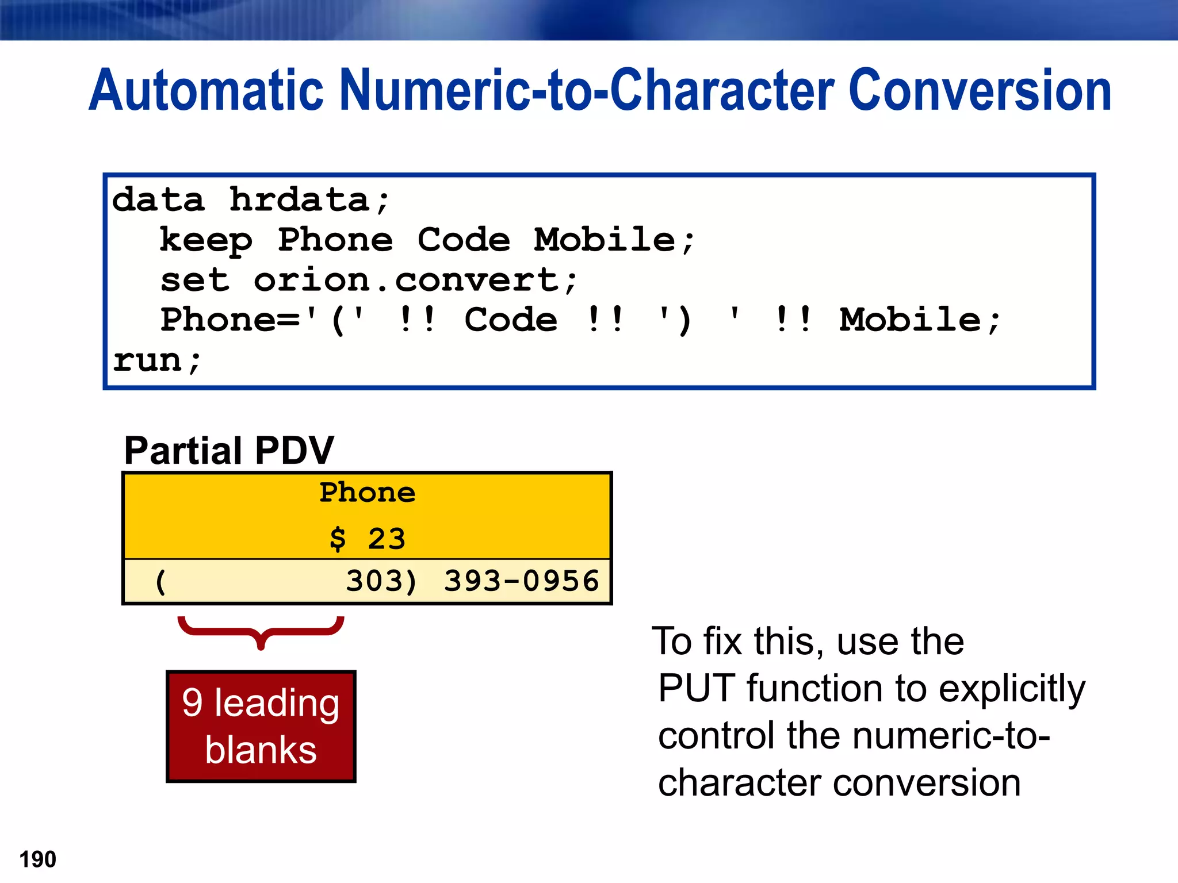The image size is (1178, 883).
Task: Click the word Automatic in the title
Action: pos(206,90)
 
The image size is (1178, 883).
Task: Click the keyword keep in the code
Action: pos(206,240)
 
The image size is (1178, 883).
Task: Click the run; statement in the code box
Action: pos(156,361)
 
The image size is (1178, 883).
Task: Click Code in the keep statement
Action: pos(464,240)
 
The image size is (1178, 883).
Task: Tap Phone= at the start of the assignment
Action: pos(230,320)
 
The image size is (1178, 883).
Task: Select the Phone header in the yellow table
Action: pos(367,493)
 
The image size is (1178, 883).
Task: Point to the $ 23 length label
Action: pos(367,539)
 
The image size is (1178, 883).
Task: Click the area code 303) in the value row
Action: pos(381,581)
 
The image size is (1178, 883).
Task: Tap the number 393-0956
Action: pos(521,581)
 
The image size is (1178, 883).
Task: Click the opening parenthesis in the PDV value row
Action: pos(160,582)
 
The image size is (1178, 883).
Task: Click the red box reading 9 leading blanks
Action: pos(261,726)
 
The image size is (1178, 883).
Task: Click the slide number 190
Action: pos(38,859)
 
